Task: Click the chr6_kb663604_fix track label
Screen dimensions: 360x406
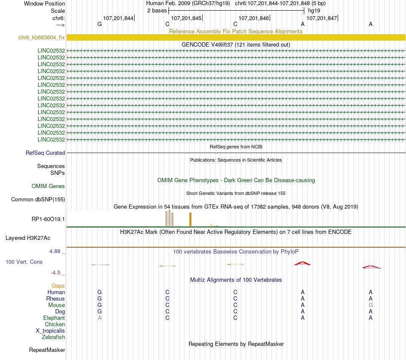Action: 41,38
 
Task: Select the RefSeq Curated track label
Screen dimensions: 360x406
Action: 45,153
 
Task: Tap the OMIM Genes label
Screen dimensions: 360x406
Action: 48,186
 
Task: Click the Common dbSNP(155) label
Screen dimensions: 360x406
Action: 38,199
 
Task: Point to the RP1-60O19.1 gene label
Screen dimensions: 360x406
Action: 48,219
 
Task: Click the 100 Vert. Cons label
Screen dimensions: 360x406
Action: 24,262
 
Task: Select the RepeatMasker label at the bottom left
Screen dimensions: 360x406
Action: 47,350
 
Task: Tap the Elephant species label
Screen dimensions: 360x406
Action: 54,318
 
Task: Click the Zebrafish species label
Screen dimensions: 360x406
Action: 53,337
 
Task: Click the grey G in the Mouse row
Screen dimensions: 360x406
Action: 371,305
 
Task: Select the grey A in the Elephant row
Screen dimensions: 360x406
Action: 100,318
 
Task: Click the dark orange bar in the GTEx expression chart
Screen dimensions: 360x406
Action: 190,219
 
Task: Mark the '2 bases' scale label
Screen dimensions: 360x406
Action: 157,10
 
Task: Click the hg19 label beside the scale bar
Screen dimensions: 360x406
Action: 314,10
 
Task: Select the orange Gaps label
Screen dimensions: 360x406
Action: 58,286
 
